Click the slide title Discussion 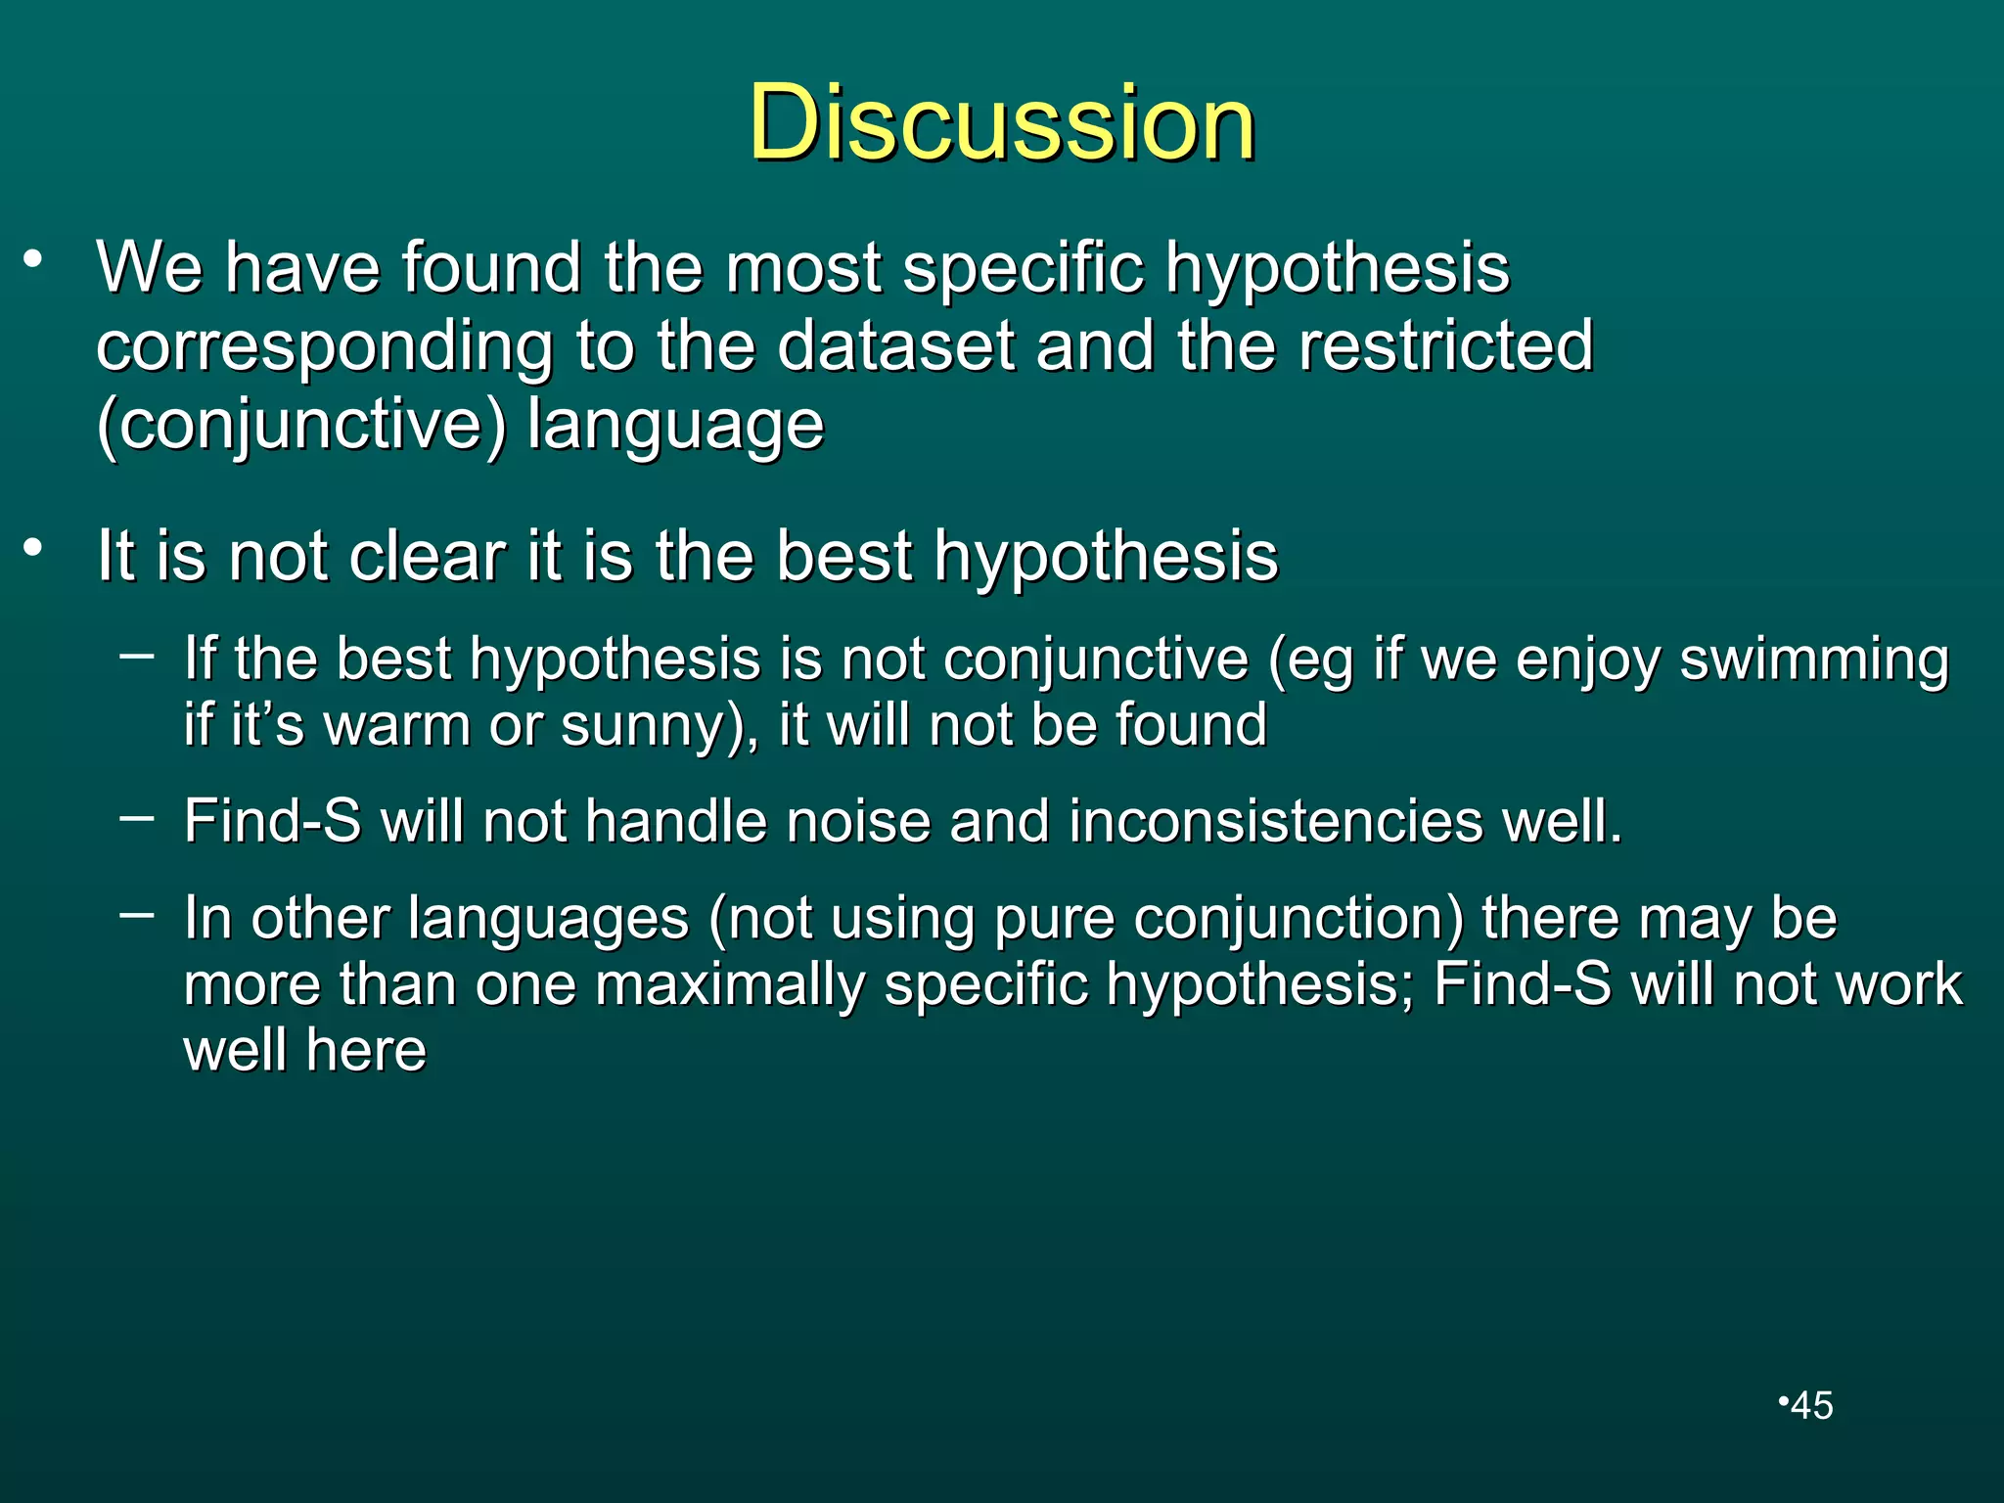pos(1002,123)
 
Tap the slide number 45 pos(1811,1406)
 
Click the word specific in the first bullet pos(1023,268)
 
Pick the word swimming pos(1814,659)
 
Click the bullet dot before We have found pos(34,260)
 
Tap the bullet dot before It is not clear pos(34,548)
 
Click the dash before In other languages pos(137,914)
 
